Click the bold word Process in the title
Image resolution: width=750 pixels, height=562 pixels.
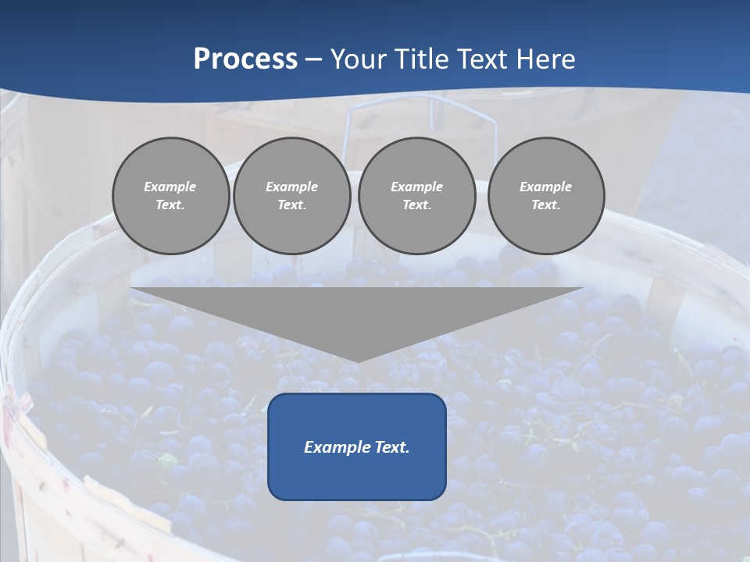(x=245, y=59)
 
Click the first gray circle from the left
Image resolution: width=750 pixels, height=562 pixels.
(x=170, y=196)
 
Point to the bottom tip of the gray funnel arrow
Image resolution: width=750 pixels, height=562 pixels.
(x=357, y=361)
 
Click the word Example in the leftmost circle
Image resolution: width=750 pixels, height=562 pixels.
(x=170, y=187)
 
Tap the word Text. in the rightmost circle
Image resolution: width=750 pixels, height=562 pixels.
(x=545, y=205)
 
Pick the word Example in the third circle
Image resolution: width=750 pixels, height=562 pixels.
(x=416, y=187)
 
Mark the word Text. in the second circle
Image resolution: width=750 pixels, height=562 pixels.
(x=291, y=205)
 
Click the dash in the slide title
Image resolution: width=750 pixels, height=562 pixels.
(x=314, y=59)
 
